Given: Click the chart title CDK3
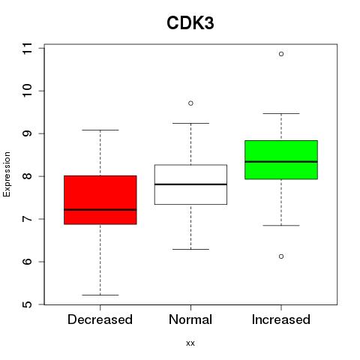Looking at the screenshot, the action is [190, 23].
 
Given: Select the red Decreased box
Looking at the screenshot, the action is [100, 200].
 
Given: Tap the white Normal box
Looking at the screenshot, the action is [190, 184].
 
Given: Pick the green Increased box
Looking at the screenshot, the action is [281, 160].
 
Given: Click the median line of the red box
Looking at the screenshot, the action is [100, 210].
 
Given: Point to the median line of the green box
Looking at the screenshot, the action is [281, 162].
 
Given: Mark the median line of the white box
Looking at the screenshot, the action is [190, 184].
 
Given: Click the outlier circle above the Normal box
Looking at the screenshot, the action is [190, 103].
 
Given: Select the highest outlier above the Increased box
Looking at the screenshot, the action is [281, 54].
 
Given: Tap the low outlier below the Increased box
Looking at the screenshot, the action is [281, 256].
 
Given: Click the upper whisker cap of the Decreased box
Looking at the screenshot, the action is [100, 130].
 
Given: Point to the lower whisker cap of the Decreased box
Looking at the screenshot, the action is [100, 295].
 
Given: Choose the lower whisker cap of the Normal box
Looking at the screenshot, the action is [190, 249].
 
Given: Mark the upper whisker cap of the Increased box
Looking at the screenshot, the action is [281, 113].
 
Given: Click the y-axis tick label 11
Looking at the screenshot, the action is [28, 48].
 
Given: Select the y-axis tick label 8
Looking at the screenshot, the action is [28, 176].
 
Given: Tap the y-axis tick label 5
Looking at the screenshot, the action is [28, 304].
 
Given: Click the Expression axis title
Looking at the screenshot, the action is [7, 174].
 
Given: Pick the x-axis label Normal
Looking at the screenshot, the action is [190, 319].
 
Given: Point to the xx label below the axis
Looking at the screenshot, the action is [190, 343].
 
